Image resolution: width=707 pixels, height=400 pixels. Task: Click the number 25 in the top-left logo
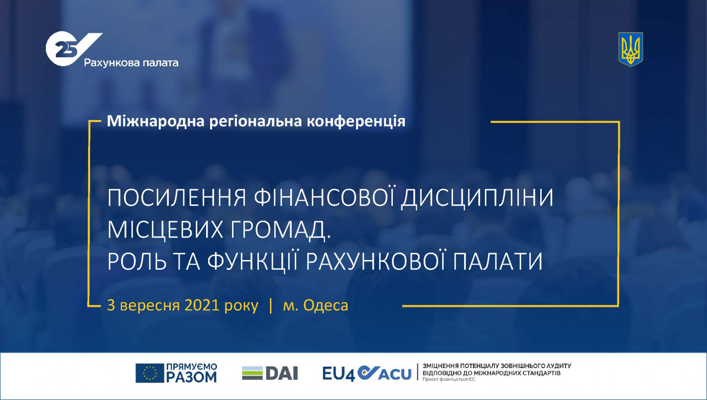(66, 50)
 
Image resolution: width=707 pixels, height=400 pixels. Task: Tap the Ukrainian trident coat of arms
(630, 49)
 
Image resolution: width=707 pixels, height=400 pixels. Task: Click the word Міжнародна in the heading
(156, 122)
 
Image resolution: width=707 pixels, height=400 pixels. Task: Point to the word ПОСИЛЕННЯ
(177, 198)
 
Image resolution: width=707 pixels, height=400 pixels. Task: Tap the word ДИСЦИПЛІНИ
(477, 198)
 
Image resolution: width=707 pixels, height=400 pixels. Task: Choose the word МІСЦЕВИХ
(165, 230)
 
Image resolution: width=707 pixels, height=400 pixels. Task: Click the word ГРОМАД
(280, 230)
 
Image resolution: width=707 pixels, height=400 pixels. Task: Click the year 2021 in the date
(202, 305)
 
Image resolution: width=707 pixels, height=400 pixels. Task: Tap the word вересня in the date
(150, 306)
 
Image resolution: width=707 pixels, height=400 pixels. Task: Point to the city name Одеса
(326, 305)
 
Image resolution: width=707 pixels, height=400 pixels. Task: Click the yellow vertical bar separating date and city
(271, 306)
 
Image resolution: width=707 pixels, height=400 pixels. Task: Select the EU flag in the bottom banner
(149, 373)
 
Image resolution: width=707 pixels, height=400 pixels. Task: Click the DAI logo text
(281, 373)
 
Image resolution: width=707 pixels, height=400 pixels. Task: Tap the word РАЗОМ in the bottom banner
(191, 377)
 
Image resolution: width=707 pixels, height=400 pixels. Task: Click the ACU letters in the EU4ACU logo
(394, 374)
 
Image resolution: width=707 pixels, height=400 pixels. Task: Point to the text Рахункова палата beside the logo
(131, 63)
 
